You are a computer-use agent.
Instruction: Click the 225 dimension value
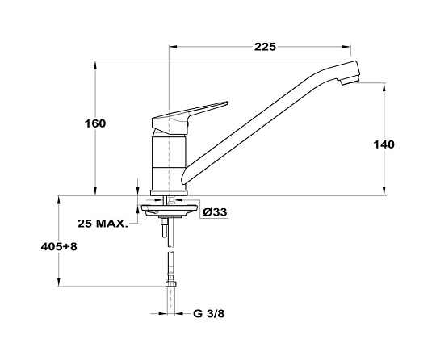(265, 47)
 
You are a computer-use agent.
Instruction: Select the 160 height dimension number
(95, 123)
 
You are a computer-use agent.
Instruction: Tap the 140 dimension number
(384, 144)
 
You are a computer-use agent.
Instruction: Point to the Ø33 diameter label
(215, 212)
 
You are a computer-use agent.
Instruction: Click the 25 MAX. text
(103, 224)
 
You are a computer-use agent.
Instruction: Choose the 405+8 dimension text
(59, 246)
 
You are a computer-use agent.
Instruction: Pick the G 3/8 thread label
(209, 314)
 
